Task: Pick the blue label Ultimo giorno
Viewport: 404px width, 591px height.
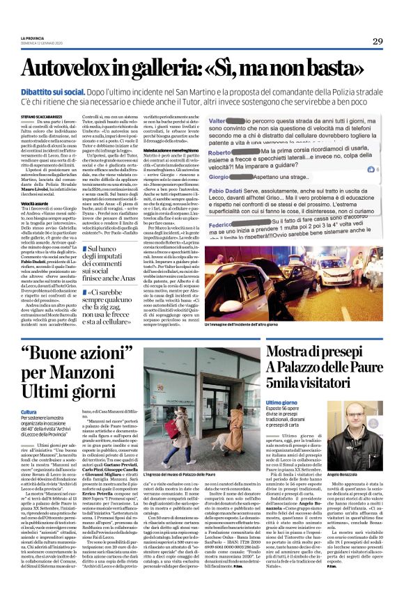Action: [282, 402]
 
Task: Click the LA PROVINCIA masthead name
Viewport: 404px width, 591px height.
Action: [32, 38]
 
